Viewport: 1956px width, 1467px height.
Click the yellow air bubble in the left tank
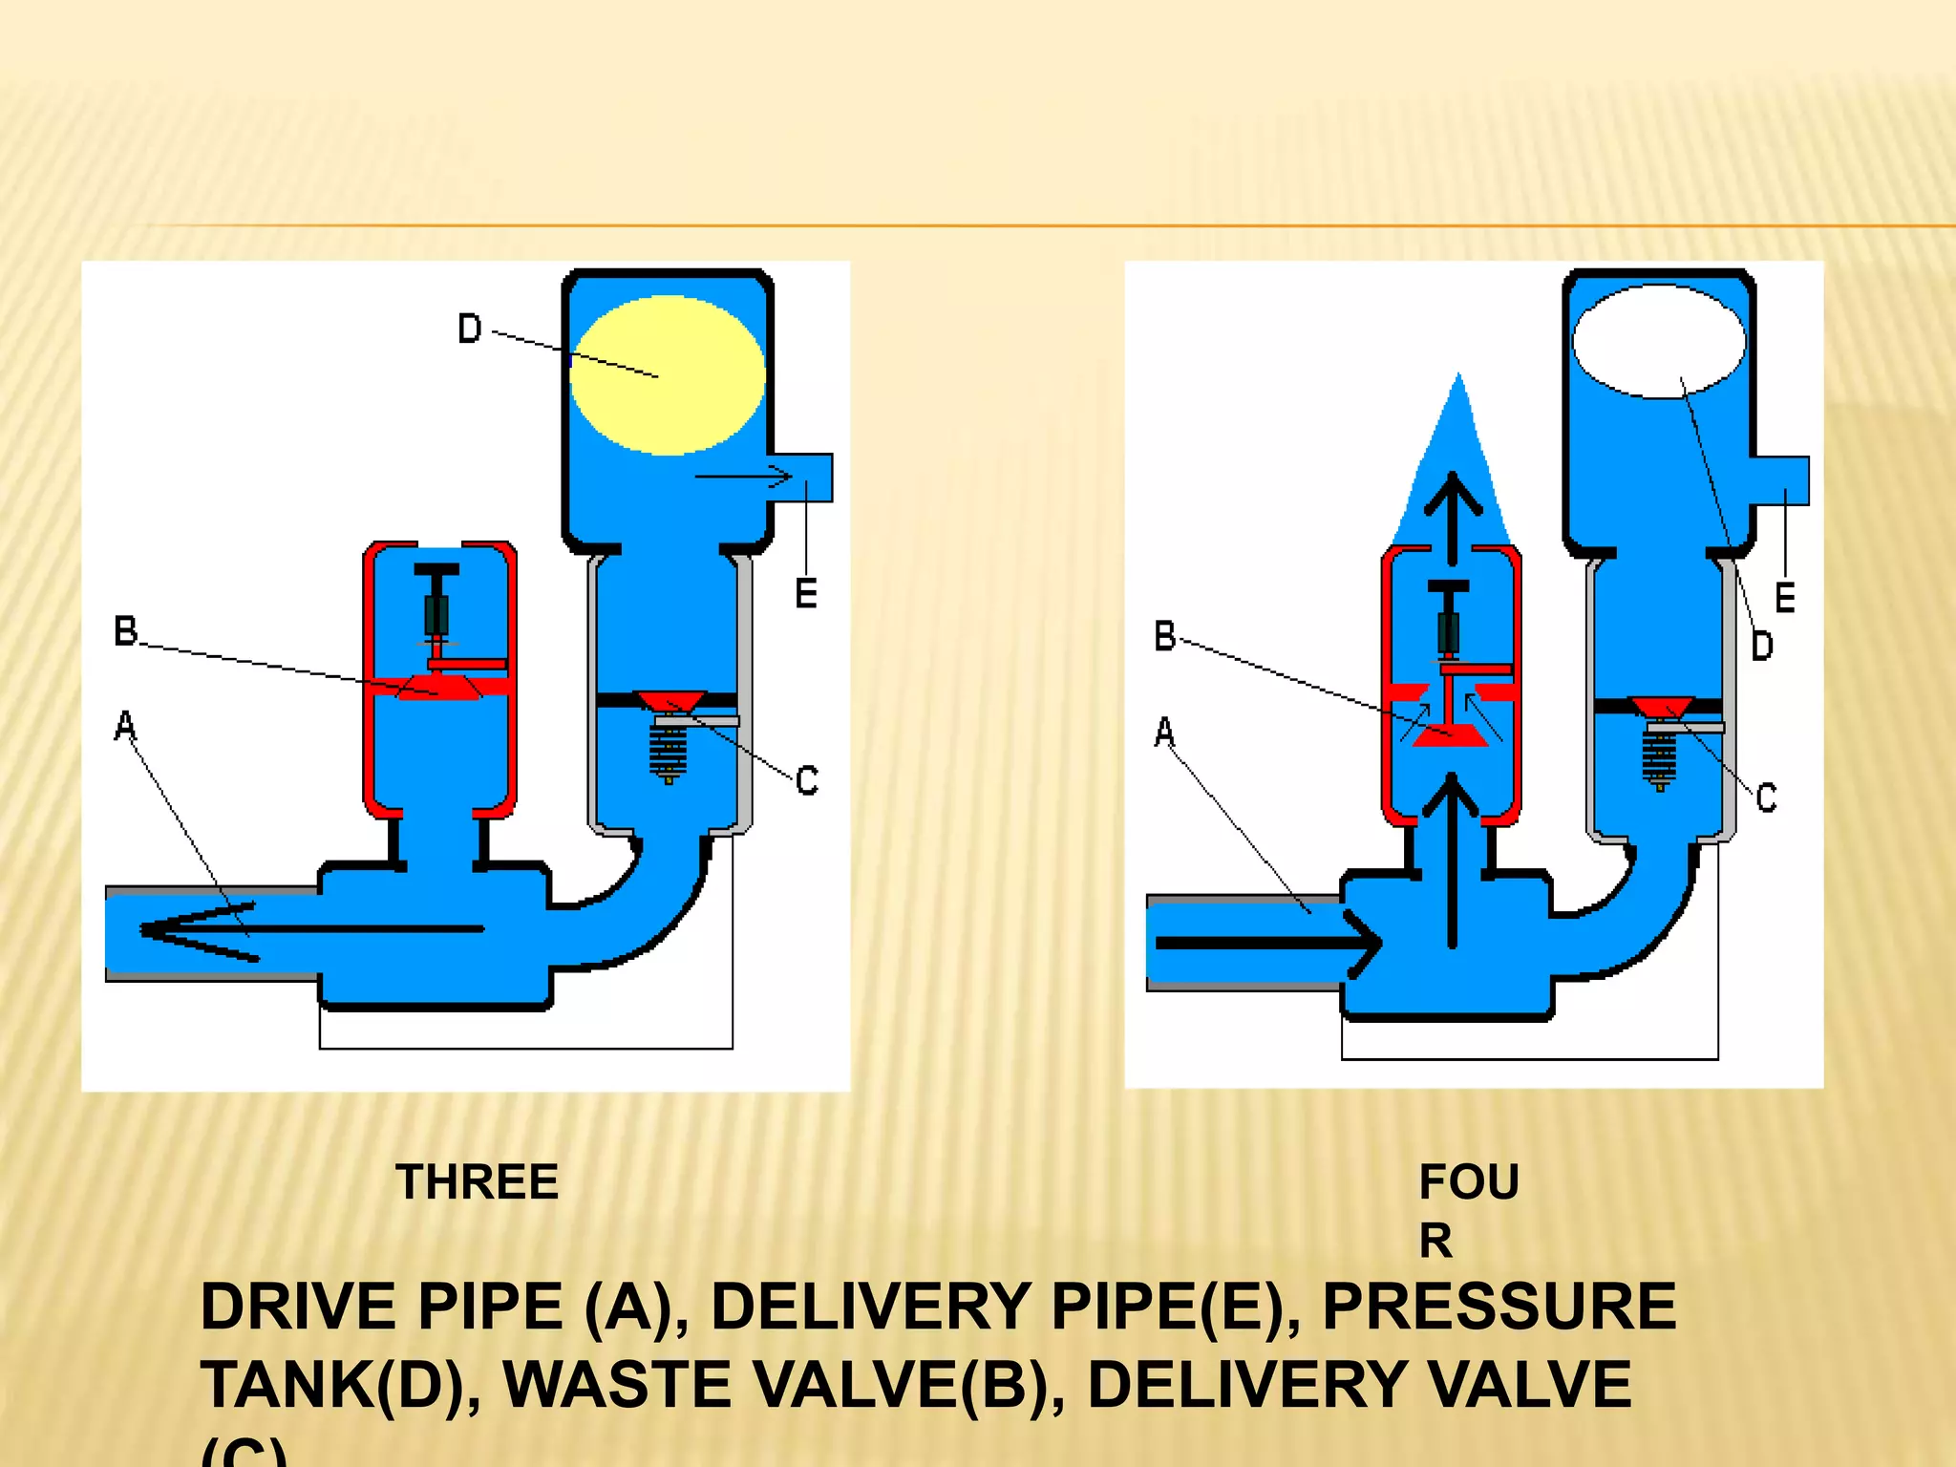667,374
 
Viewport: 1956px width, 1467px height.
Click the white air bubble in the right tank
1659,341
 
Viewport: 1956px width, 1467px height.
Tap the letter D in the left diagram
470,330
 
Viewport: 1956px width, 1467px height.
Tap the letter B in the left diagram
126,631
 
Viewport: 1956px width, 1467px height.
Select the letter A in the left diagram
125,726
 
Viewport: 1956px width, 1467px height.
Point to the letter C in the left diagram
807,780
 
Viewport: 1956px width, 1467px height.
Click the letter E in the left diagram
806,594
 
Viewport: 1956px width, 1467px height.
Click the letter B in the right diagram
1165,636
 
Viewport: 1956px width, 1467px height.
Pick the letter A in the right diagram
1164,733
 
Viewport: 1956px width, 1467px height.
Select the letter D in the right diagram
1762,647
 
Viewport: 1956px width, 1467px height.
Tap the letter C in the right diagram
1767,797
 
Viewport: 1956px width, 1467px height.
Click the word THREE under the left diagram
477,1182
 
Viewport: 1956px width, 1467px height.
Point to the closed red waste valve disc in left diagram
438,687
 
